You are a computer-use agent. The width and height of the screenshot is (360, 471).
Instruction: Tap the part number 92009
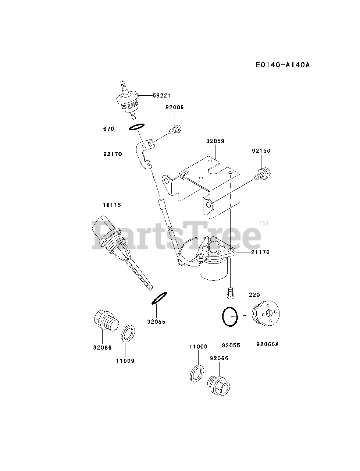174,107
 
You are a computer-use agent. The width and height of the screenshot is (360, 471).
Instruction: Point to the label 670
109,129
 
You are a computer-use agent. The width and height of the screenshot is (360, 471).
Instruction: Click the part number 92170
113,155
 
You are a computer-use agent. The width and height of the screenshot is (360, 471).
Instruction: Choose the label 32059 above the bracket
215,141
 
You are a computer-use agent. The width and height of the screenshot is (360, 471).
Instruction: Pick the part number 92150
261,151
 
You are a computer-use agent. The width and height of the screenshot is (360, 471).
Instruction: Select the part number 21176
261,252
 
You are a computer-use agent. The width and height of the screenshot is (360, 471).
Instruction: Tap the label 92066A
268,344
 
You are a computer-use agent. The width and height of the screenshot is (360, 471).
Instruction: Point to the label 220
254,295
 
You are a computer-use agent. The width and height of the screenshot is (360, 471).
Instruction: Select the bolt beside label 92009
175,130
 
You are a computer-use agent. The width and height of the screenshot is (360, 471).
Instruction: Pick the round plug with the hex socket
267,315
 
